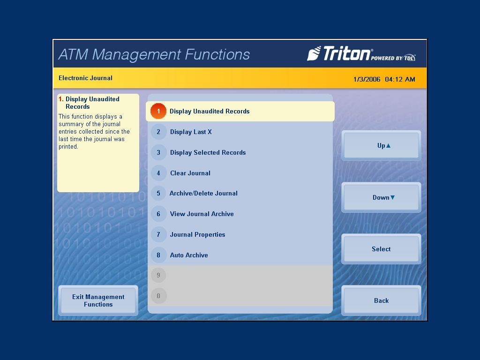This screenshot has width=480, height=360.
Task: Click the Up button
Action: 381,146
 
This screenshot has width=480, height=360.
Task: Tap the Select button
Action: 381,249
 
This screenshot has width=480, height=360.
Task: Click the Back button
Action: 381,300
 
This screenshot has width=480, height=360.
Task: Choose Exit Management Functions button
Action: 98,300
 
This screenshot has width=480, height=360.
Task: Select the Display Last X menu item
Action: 191,132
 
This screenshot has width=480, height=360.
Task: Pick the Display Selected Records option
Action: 208,153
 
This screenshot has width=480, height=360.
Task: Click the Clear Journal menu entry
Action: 190,173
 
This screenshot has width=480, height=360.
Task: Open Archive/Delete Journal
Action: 203,194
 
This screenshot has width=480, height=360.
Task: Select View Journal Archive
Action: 202,214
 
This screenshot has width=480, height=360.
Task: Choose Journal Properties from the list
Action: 197,235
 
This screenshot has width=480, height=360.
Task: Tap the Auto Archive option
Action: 189,255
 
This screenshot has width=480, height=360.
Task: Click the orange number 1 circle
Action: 158,112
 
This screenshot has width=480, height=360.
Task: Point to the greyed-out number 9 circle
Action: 158,276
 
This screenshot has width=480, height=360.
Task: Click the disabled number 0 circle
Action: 158,296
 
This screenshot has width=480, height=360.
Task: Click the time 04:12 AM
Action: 400,79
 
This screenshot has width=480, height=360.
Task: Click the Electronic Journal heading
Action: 85,78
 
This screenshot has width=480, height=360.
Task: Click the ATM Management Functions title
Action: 154,54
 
